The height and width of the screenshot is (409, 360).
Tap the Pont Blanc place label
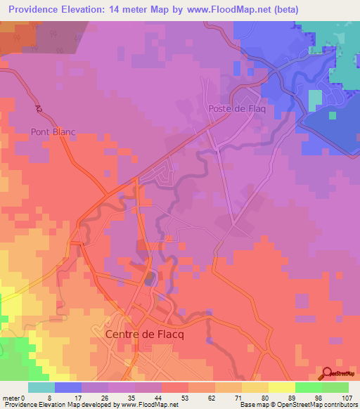click(x=53, y=131)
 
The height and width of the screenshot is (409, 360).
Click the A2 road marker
click(x=37, y=109)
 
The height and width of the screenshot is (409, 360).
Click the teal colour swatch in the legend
click(x=41, y=387)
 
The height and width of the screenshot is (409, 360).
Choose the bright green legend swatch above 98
click(x=308, y=387)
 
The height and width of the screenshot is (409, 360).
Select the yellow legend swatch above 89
click(x=281, y=387)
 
